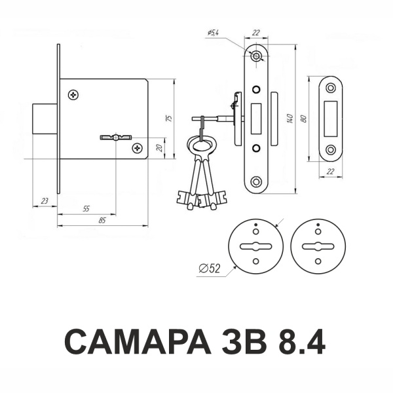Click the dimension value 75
170,119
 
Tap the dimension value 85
102,221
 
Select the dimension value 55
86,209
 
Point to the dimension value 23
45,201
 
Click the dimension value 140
290,119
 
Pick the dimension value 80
304,119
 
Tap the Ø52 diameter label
210,269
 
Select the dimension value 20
159,148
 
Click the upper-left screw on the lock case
73,95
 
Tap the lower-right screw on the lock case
138,148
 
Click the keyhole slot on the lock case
116,138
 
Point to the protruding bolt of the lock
45,119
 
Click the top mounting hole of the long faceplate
256,56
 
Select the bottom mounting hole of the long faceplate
256,181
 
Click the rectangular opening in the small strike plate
331,119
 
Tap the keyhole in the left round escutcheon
255,246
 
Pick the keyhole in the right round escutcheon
318,246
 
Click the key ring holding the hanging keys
202,146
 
